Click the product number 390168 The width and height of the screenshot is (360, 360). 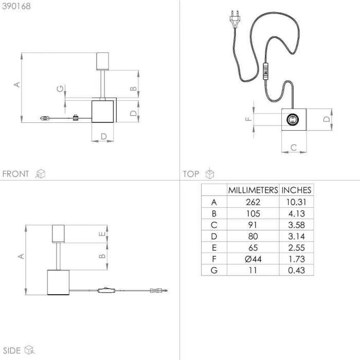pyautogui.click(x=16, y=6)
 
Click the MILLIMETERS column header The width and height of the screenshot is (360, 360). pyautogui.click(x=253, y=190)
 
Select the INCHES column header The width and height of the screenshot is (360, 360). pyautogui.click(x=296, y=190)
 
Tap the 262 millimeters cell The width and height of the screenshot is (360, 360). pyautogui.click(x=253, y=202)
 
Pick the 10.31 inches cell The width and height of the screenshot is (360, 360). pyautogui.click(x=296, y=202)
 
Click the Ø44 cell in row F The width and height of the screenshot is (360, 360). pyautogui.click(x=253, y=259)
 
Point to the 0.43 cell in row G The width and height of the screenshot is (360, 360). pyautogui.click(x=296, y=271)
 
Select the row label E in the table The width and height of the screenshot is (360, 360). pyautogui.click(x=214, y=248)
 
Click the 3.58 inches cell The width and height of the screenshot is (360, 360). pyautogui.click(x=296, y=225)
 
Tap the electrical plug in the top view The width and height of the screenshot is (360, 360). pyautogui.click(x=235, y=19)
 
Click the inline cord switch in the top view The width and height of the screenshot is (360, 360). pyautogui.click(x=266, y=71)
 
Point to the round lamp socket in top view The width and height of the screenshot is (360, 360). pyautogui.click(x=293, y=119)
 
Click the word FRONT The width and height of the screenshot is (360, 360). pyautogui.click(x=15, y=174)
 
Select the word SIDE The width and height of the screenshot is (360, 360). pyautogui.click(x=12, y=351)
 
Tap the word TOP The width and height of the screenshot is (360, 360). pyautogui.click(x=191, y=174)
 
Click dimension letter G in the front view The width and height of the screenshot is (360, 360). pyautogui.click(x=60, y=88)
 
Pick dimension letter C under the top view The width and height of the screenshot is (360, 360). pyautogui.click(x=294, y=148)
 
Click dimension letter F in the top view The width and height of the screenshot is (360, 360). pyautogui.click(x=249, y=119)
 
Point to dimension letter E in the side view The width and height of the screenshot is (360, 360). pyautogui.click(x=102, y=233)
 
